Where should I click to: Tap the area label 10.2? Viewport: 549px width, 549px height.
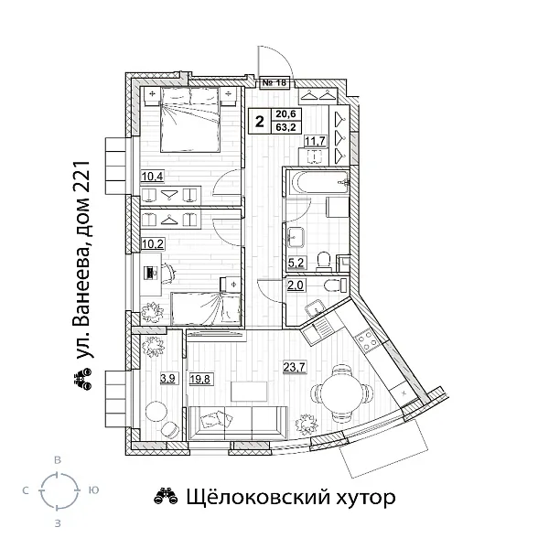click(152, 245)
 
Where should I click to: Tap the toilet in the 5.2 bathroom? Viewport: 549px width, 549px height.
click(323, 262)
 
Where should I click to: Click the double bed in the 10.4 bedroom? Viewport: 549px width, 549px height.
click(191, 126)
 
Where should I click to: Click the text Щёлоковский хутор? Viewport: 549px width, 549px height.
click(275, 498)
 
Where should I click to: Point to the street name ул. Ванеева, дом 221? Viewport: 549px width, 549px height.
click(87, 274)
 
